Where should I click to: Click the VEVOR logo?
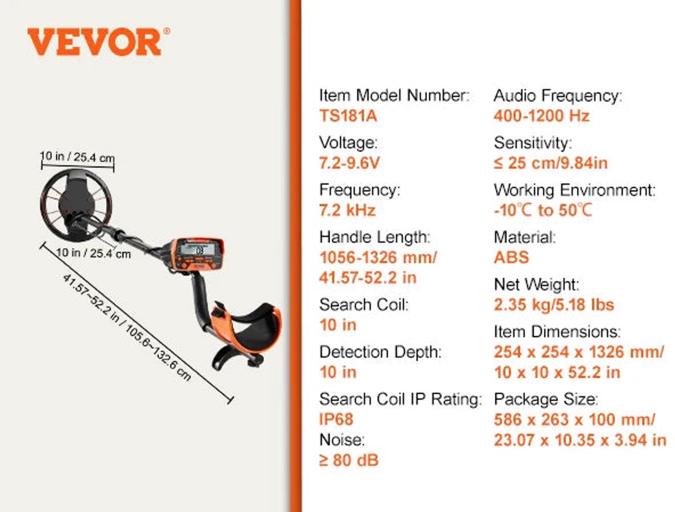tap(98, 42)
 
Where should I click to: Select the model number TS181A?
tap(348, 115)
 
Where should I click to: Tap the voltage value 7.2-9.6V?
tap(349, 162)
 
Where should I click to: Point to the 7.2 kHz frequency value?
tap(347, 210)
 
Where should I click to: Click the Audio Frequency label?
tap(557, 96)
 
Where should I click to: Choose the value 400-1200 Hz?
tap(541, 115)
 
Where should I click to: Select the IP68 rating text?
tap(336, 419)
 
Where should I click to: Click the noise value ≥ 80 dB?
tap(349, 460)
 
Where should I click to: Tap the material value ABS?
tap(511, 257)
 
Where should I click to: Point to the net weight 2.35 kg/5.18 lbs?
tap(553, 305)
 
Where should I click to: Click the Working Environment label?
tap(574, 190)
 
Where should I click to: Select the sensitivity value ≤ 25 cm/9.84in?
tap(551, 163)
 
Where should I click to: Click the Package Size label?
tap(546, 399)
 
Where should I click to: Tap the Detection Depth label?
tap(380, 352)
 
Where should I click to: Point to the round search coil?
tap(75, 205)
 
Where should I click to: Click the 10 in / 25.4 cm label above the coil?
tap(77, 157)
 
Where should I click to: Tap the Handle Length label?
tap(375, 237)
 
